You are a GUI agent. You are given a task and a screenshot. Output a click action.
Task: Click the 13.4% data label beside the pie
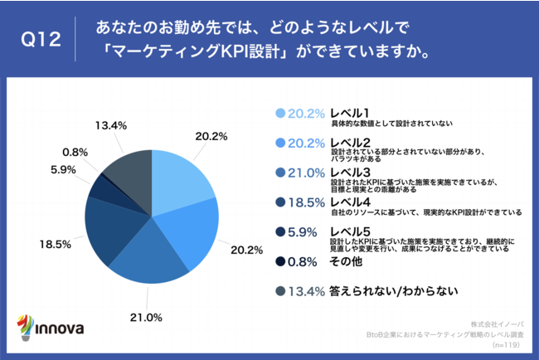pyautogui.click(x=110, y=125)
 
